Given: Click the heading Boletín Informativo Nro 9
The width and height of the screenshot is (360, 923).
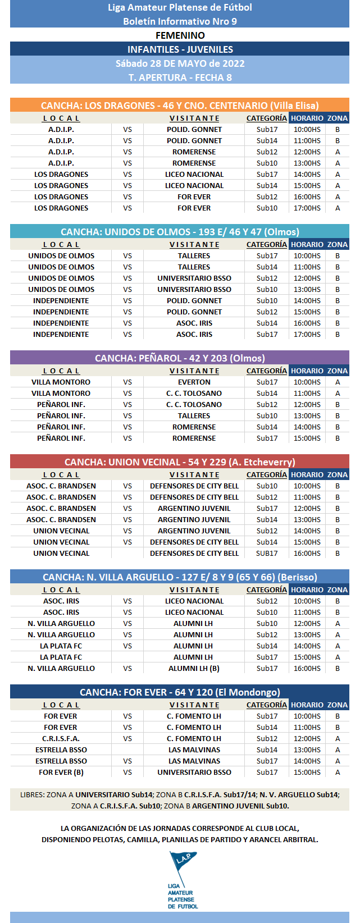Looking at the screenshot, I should tap(180, 21).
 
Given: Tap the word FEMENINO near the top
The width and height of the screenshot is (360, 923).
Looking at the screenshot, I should tap(180, 35).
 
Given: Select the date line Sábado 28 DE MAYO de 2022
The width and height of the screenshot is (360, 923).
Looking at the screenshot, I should tap(180, 63).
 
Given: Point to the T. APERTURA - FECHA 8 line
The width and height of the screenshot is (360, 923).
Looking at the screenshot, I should tap(180, 77).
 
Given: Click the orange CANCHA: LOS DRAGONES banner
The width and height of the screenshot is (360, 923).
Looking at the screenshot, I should tap(180, 106).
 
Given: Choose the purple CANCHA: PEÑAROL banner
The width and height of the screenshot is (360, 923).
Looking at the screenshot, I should tap(180, 358).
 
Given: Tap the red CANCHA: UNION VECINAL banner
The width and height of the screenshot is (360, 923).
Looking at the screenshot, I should tap(180, 462).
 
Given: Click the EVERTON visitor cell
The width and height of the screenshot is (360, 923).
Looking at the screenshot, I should tap(194, 382).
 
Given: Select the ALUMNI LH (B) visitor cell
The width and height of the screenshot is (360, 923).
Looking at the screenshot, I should tap(194, 668).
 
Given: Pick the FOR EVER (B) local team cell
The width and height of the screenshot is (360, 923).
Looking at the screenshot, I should tap(61, 772).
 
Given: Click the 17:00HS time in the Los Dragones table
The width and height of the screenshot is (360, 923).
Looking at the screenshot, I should tap(307, 208).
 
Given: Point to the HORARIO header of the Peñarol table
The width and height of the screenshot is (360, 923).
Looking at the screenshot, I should tap(307, 371).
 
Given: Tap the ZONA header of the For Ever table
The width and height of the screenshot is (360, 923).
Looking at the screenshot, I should tap(338, 705).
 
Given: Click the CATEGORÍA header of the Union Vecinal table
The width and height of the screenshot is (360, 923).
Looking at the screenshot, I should tap(267, 474).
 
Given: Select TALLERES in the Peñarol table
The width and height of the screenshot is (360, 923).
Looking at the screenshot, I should tap(194, 415).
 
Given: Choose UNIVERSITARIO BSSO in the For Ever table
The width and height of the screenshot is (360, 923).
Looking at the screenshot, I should tap(194, 772).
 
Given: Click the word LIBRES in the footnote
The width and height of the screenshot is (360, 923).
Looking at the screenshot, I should tap(31, 794).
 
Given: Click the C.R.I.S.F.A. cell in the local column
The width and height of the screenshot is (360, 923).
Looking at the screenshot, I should tap(61, 738).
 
